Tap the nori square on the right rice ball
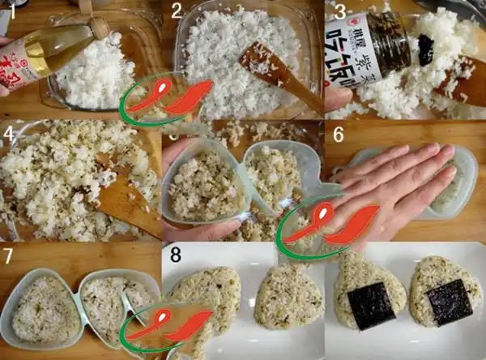tap(448, 302)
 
